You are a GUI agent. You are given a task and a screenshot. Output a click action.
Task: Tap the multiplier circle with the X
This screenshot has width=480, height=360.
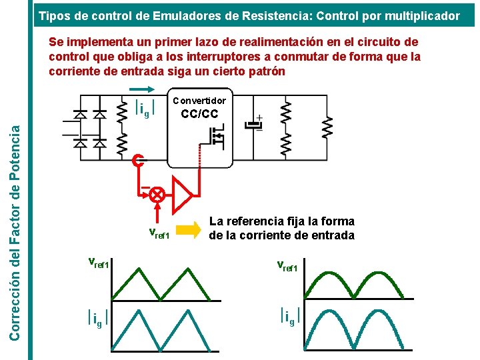pyautogui.click(x=157, y=194)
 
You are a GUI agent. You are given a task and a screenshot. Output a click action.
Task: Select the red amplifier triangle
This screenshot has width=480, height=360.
pyautogui.click(x=182, y=195)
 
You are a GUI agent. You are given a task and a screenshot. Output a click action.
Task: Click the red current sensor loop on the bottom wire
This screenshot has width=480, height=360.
pyautogui.click(x=137, y=161)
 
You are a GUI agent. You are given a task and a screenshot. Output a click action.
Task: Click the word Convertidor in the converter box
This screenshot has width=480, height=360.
pyautogui.click(x=199, y=101)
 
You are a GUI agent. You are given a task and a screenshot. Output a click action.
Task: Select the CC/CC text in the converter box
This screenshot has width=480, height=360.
pyautogui.click(x=199, y=113)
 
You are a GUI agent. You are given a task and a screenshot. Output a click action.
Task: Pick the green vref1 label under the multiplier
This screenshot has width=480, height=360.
pyautogui.click(x=159, y=233)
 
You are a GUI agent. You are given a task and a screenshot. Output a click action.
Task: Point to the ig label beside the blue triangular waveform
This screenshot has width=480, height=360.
pyautogui.click(x=97, y=319)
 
